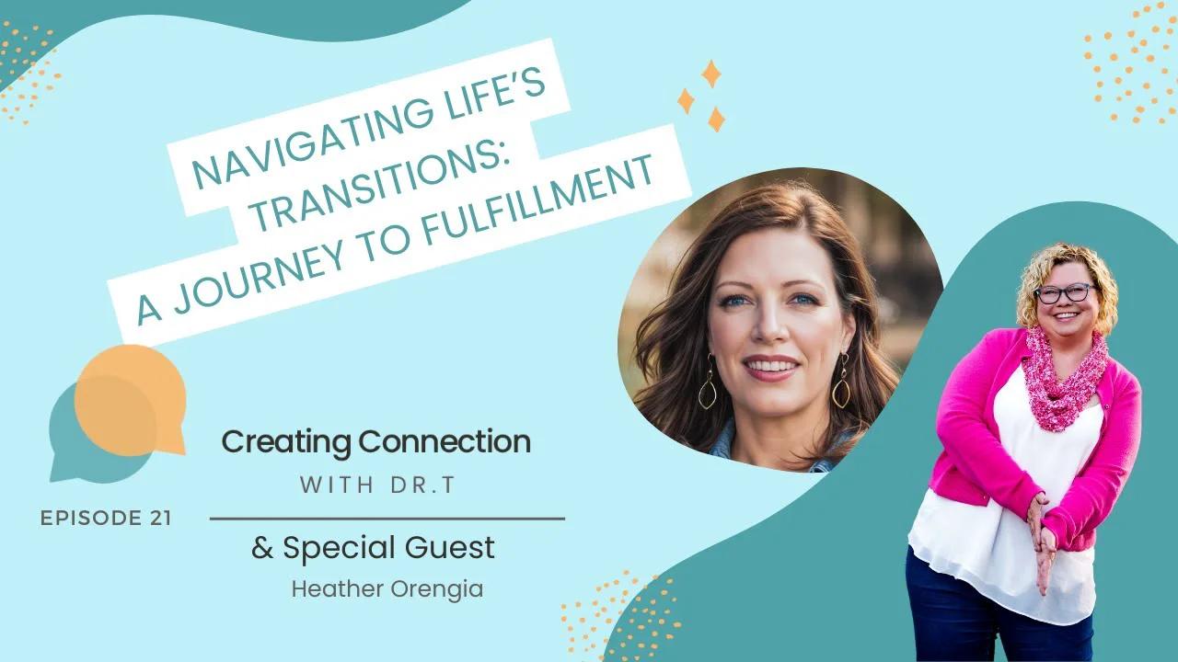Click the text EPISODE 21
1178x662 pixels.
[106, 518]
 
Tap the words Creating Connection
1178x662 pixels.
[375, 442]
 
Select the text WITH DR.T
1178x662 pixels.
[377, 486]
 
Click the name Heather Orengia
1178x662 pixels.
[387, 589]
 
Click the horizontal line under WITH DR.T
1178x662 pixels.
[387, 519]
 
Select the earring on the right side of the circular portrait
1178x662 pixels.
[841, 387]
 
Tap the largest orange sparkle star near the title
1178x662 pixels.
[710, 74]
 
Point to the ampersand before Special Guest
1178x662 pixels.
[262, 549]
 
